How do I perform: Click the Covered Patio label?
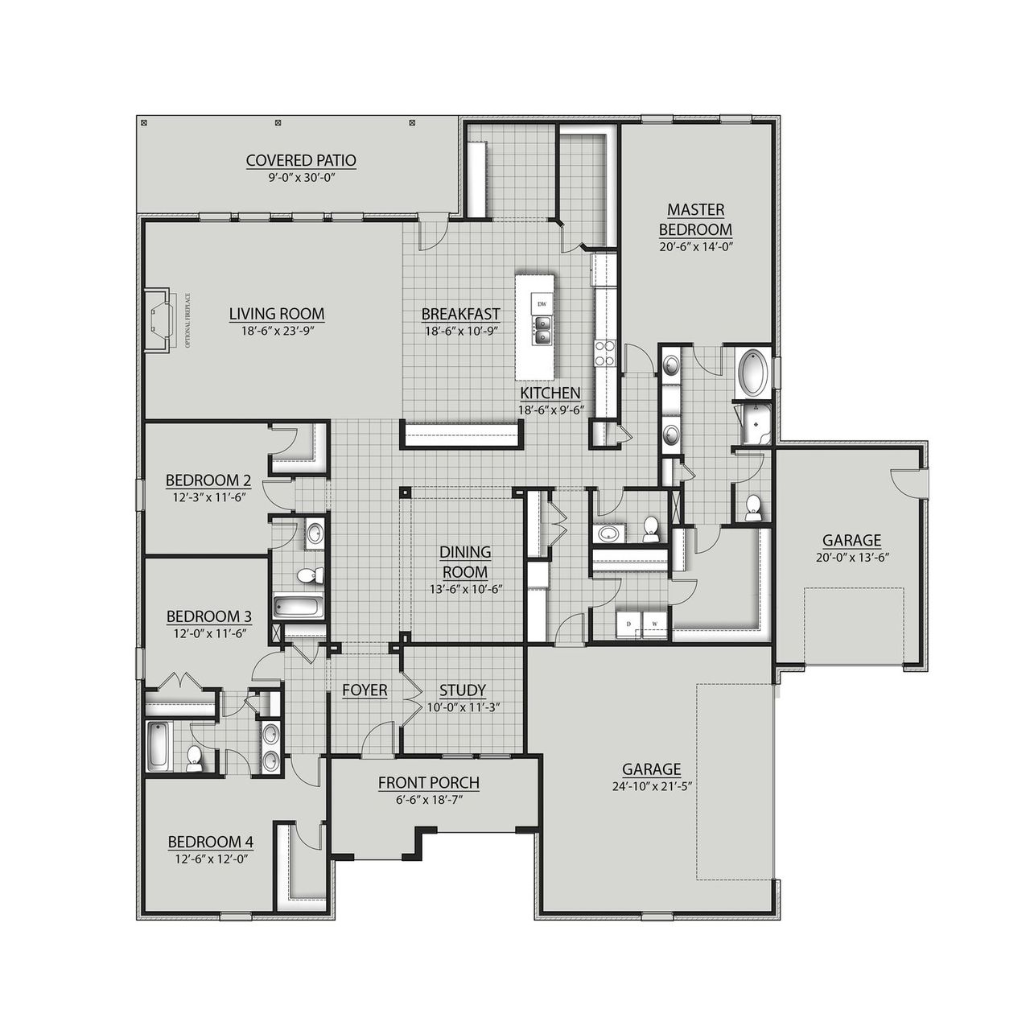click(301, 161)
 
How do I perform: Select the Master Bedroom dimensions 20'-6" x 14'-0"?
click(695, 247)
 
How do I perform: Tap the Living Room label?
click(277, 314)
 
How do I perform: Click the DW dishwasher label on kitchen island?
click(542, 304)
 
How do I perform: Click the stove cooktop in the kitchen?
click(604, 352)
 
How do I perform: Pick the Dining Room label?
click(465, 562)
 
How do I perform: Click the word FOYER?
click(365, 690)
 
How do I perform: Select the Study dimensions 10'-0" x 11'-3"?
click(463, 707)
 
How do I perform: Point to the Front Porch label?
click(429, 782)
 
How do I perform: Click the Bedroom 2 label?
click(208, 481)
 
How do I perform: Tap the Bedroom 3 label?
click(209, 617)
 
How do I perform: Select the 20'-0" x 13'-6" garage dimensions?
click(851, 557)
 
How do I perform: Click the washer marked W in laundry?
click(654, 623)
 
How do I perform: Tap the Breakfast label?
click(461, 315)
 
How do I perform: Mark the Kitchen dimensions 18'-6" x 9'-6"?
click(550, 410)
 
